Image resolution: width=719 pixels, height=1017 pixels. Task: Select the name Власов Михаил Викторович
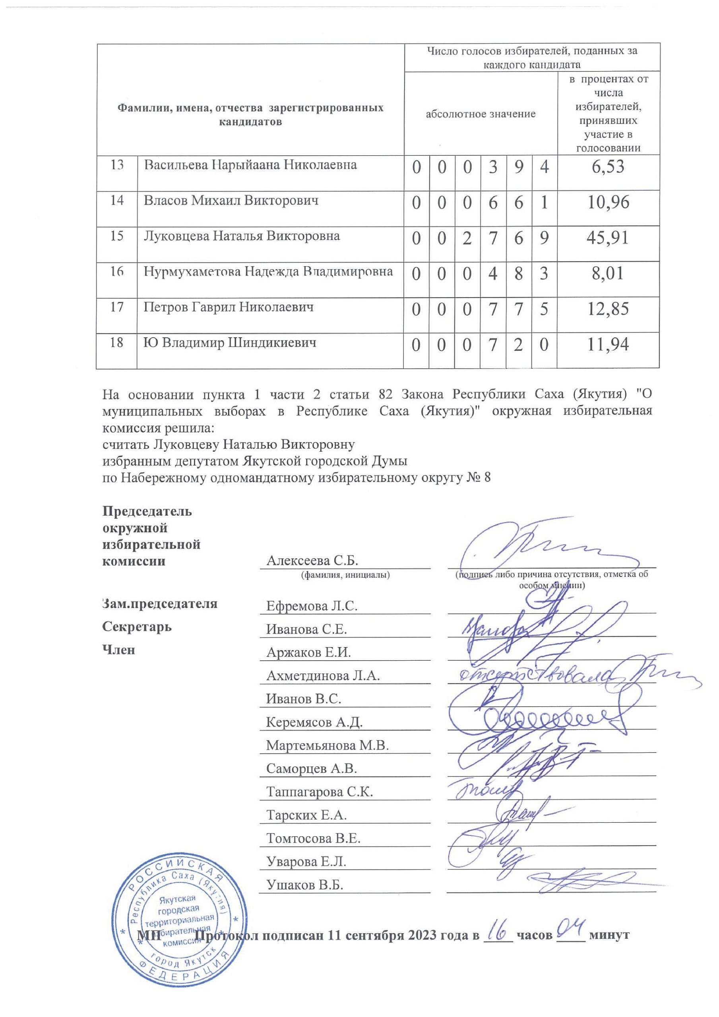click(x=231, y=201)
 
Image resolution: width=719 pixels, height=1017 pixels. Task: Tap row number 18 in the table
click(x=116, y=342)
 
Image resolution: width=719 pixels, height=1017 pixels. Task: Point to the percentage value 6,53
click(x=608, y=166)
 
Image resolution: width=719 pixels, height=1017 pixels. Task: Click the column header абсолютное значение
click(x=481, y=114)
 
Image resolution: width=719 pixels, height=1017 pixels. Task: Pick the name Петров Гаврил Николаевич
click(x=228, y=307)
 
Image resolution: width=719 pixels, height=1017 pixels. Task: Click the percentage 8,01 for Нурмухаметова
click(x=608, y=273)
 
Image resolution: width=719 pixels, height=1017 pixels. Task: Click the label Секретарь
click(x=137, y=627)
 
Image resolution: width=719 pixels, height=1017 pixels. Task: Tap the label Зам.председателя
click(x=160, y=604)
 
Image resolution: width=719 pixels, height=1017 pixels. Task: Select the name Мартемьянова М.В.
click(x=327, y=746)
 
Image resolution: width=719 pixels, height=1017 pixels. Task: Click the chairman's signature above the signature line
click(x=532, y=545)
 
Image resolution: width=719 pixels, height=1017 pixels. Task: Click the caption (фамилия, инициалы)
click(x=345, y=575)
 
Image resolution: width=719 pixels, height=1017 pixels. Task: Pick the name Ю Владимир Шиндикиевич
click(x=230, y=343)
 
